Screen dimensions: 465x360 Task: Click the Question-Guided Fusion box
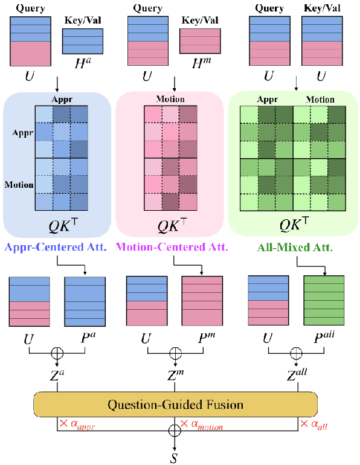(175, 403)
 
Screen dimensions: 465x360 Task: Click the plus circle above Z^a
(57, 352)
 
